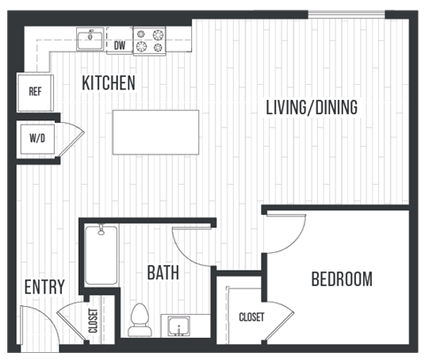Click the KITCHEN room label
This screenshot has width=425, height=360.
(x=108, y=84)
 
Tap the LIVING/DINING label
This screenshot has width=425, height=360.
(x=312, y=108)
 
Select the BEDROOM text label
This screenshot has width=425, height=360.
(x=342, y=280)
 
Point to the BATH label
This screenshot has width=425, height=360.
(x=164, y=272)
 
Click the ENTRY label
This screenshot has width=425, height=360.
(x=43, y=287)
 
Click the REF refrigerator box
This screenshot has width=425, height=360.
(x=35, y=91)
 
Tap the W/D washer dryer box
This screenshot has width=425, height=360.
(x=35, y=139)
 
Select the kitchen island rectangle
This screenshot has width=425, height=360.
(x=156, y=133)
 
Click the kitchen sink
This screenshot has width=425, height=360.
(x=89, y=39)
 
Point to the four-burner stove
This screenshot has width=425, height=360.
(x=151, y=41)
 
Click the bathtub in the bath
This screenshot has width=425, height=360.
(x=101, y=257)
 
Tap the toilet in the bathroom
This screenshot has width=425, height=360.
(x=140, y=319)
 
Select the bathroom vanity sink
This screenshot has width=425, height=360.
(x=181, y=326)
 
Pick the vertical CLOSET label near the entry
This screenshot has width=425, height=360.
(x=93, y=320)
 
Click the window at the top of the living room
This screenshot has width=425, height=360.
(x=346, y=14)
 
